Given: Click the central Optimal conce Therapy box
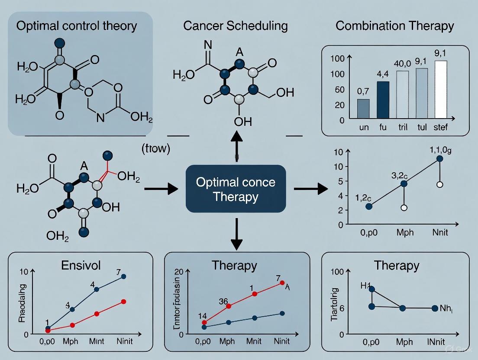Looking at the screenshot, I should [x=236, y=189].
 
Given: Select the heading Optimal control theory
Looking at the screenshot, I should [x=76, y=26].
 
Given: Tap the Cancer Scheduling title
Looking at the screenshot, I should [x=236, y=26].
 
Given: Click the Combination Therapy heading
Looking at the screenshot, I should [x=395, y=26].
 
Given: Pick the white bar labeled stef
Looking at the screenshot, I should [x=440, y=90].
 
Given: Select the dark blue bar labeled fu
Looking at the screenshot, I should [x=383, y=100].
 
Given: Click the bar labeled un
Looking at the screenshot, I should [x=363, y=109].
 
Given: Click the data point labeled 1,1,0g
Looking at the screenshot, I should [x=440, y=158].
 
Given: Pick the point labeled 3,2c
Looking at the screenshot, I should [x=404, y=183].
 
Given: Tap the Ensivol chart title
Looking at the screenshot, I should [x=78, y=265].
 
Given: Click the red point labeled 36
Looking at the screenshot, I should [x=229, y=306].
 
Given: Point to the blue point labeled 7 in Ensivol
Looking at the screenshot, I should [x=124, y=276].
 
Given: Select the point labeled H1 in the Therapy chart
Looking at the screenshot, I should [x=371, y=289].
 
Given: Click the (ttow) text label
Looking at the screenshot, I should [x=156, y=149].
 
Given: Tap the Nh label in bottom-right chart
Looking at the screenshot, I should [x=446, y=308].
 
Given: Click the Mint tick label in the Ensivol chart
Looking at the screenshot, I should [x=97, y=341].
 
